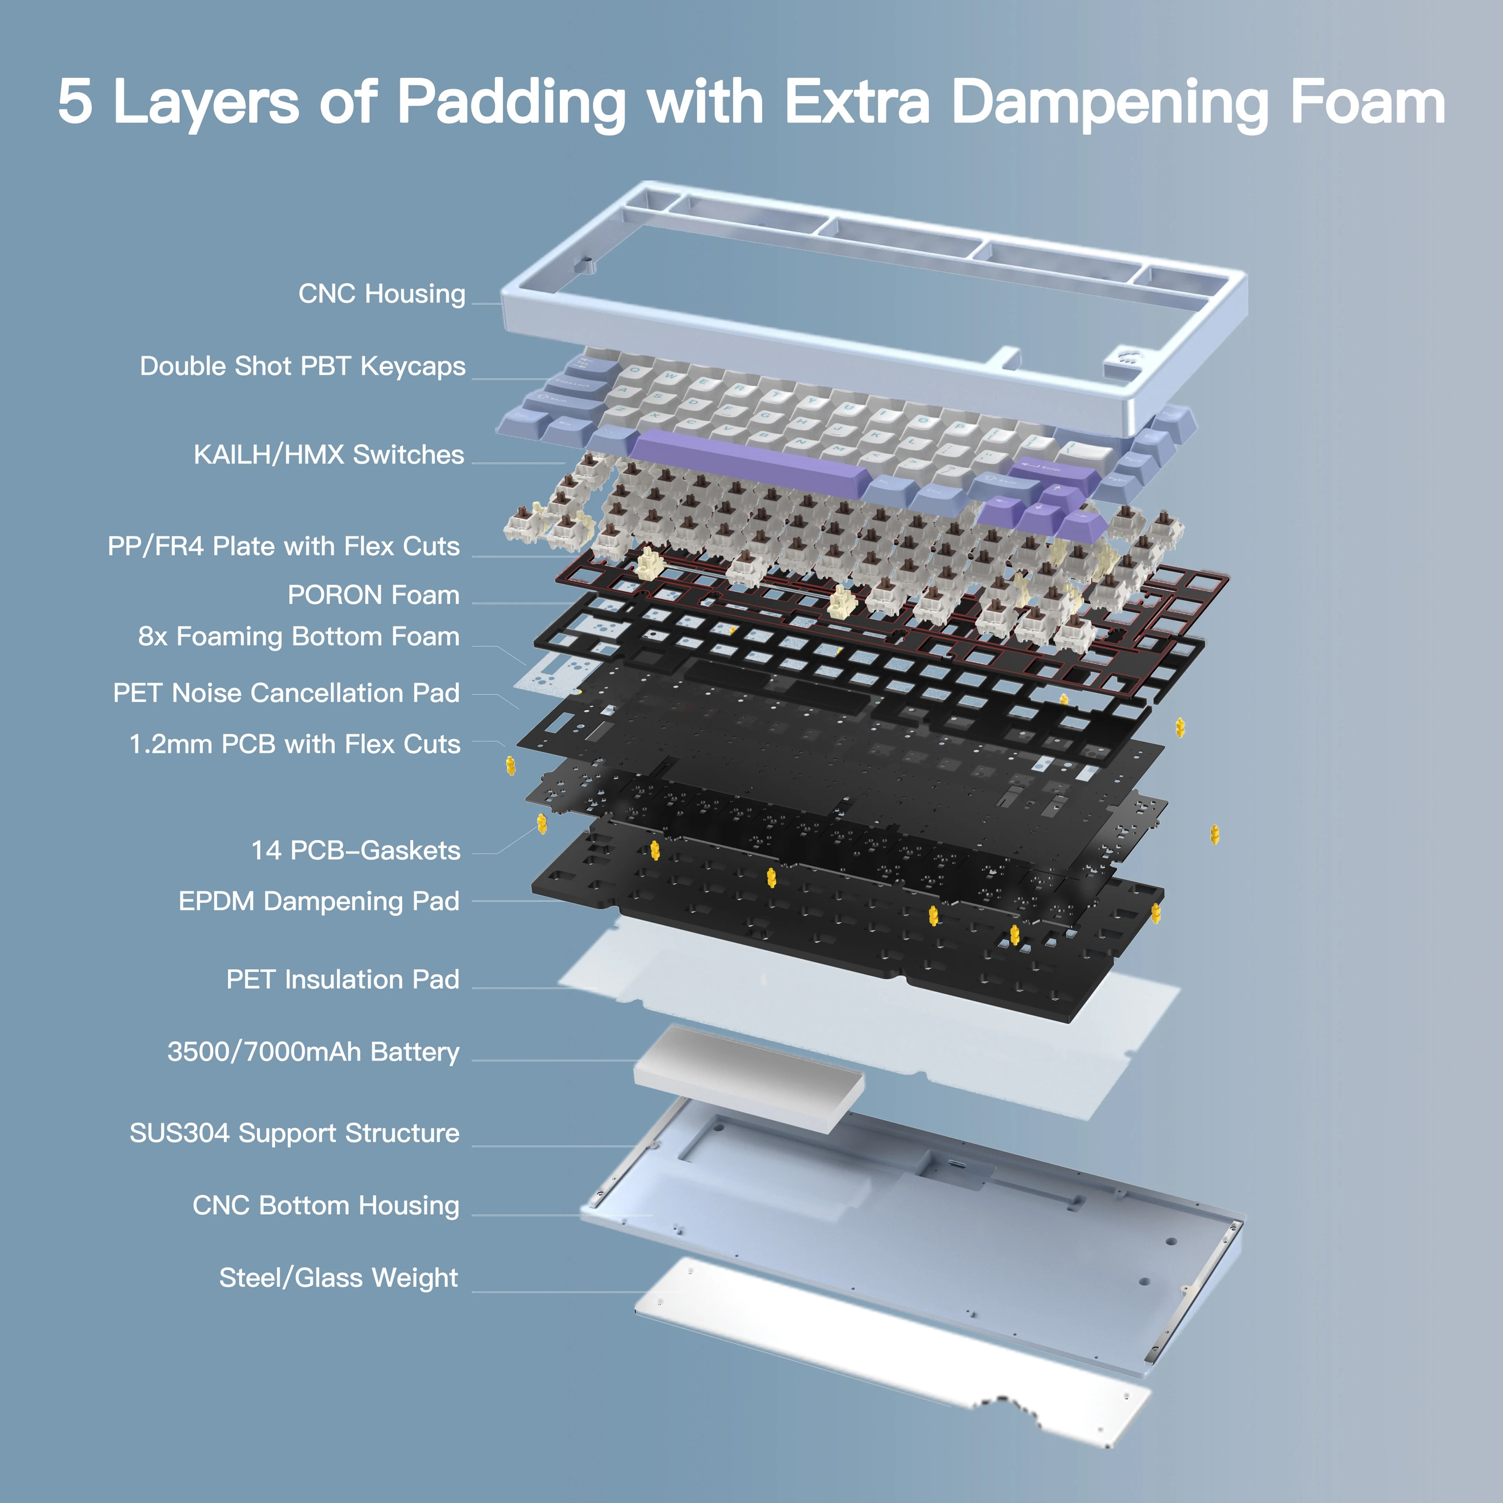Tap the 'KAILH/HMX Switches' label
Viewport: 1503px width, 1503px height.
[x=328, y=454]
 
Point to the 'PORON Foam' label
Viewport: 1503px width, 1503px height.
[x=374, y=595]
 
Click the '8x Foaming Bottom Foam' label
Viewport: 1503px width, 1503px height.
[x=299, y=636]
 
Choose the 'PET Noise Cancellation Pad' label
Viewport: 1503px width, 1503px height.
[x=286, y=693]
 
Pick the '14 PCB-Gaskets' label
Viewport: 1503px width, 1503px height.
[x=356, y=850]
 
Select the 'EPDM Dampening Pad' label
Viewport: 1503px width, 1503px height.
[x=319, y=901]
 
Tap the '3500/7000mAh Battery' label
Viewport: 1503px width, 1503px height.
[x=313, y=1052]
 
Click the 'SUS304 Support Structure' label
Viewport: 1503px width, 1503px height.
[x=294, y=1134]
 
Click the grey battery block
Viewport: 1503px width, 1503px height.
[x=748, y=1070]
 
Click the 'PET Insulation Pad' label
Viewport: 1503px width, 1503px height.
[x=342, y=979]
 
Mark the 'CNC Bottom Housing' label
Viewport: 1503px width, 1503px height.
[x=326, y=1206]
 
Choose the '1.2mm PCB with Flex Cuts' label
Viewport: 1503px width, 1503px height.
[x=295, y=745]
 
